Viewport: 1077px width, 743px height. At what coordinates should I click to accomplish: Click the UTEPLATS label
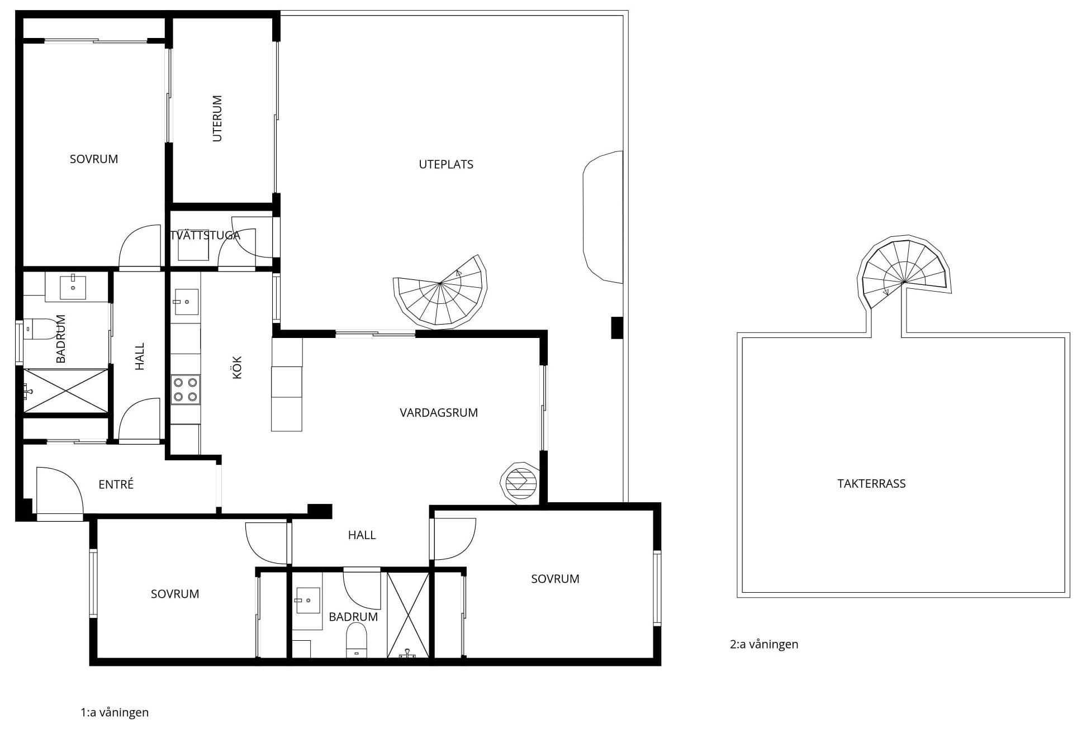coord(446,164)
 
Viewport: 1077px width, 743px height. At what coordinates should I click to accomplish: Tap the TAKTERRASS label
coord(871,484)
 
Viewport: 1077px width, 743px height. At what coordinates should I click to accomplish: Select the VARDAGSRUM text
coord(439,413)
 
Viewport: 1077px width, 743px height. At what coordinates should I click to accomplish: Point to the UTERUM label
coord(217,118)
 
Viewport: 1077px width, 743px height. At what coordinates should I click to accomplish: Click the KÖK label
coord(237,368)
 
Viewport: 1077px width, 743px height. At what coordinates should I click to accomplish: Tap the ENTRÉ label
coord(116,484)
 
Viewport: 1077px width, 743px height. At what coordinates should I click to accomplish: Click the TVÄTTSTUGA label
coord(205,235)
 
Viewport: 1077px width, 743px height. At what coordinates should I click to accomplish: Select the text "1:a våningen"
coord(115,712)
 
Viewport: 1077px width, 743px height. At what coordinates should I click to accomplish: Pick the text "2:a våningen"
coord(764,644)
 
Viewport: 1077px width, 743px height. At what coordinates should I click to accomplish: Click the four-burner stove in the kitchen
coord(186,389)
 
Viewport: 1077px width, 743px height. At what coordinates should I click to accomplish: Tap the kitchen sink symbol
coord(186,302)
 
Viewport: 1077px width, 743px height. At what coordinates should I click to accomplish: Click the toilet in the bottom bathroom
coord(357,640)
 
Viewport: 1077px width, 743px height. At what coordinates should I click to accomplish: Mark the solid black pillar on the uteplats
coord(616,328)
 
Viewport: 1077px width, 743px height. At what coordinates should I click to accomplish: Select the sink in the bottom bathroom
coord(307,601)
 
